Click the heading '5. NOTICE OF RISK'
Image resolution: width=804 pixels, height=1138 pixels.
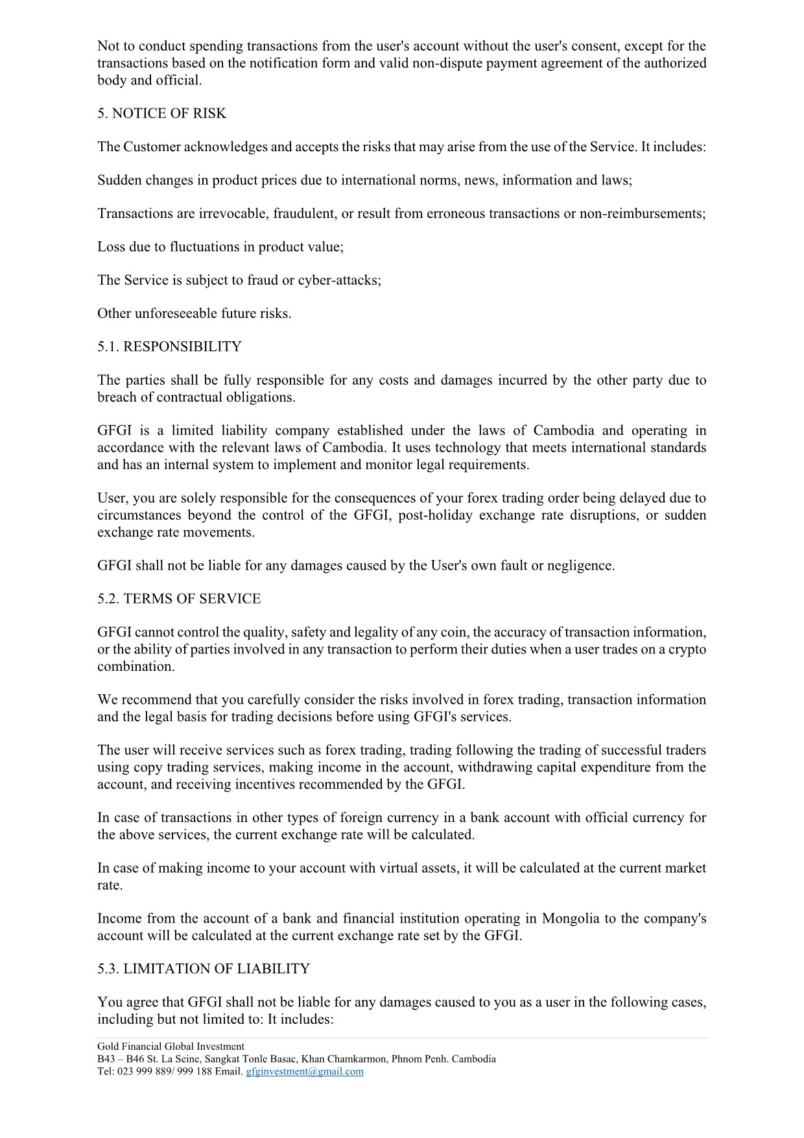(x=162, y=114)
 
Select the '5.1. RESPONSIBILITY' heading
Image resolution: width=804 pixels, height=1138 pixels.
(x=169, y=346)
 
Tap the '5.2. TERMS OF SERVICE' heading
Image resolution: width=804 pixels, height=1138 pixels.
(x=179, y=599)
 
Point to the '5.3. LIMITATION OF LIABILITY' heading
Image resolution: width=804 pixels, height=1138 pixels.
(x=204, y=969)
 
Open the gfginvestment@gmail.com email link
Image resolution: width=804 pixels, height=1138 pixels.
(x=305, y=1071)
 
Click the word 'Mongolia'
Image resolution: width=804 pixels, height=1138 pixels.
(x=571, y=919)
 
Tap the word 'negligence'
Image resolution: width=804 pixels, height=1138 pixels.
(x=580, y=566)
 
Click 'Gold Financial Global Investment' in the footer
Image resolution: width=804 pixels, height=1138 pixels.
(x=171, y=1046)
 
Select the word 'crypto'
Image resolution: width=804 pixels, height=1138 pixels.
(x=687, y=649)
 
